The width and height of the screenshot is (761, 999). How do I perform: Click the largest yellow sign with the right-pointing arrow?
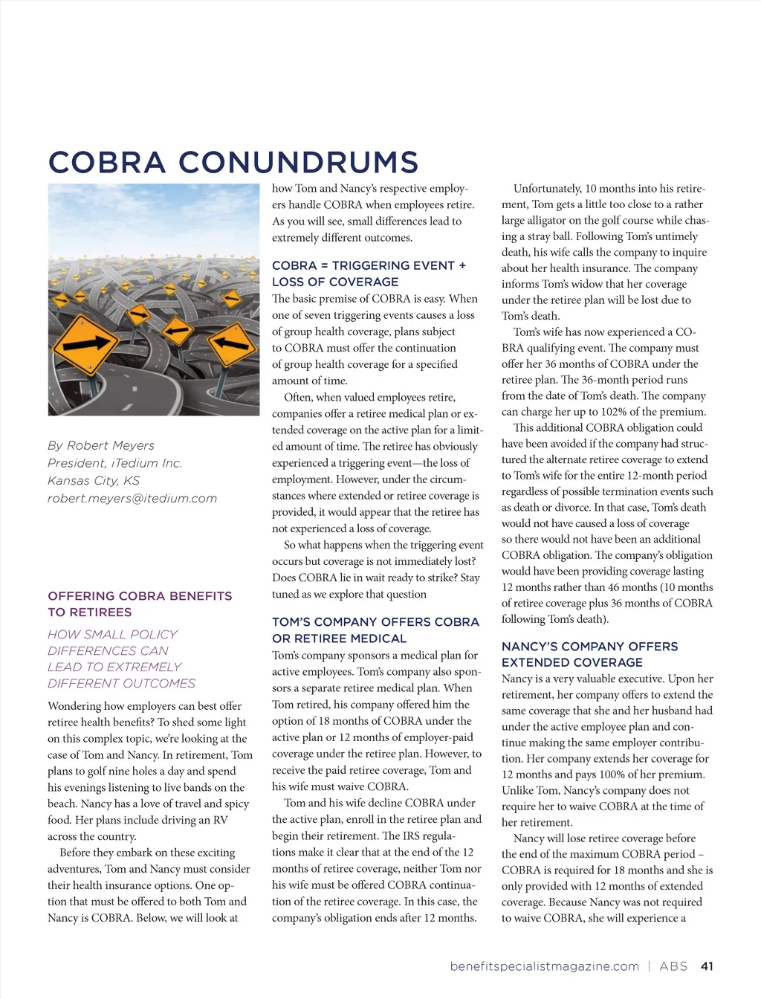pyautogui.click(x=90, y=344)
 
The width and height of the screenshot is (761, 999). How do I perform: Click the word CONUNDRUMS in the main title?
pyautogui.click(x=298, y=163)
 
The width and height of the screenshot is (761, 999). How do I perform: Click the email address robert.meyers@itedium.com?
pyautogui.click(x=132, y=499)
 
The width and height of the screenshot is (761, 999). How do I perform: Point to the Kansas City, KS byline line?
pyautogui.click(x=94, y=481)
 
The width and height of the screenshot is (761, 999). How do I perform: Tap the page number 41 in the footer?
pyautogui.click(x=707, y=966)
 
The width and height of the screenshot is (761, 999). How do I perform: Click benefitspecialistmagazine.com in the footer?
pyautogui.click(x=544, y=966)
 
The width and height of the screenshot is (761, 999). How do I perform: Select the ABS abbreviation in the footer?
pyautogui.click(x=673, y=966)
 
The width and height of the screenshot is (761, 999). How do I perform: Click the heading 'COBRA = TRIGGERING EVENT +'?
pyautogui.click(x=369, y=265)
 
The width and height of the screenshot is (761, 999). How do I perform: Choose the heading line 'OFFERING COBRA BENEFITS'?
pyautogui.click(x=140, y=596)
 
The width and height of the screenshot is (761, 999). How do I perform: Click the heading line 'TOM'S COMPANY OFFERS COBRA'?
pyautogui.click(x=375, y=622)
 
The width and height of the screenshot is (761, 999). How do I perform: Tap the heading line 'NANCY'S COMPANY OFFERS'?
pyautogui.click(x=589, y=647)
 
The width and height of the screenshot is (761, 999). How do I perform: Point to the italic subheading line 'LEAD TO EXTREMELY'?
pyautogui.click(x=114, y=667)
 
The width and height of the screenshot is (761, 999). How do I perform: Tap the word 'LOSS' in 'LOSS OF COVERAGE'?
pyautogui.click(x=289, y=282)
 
